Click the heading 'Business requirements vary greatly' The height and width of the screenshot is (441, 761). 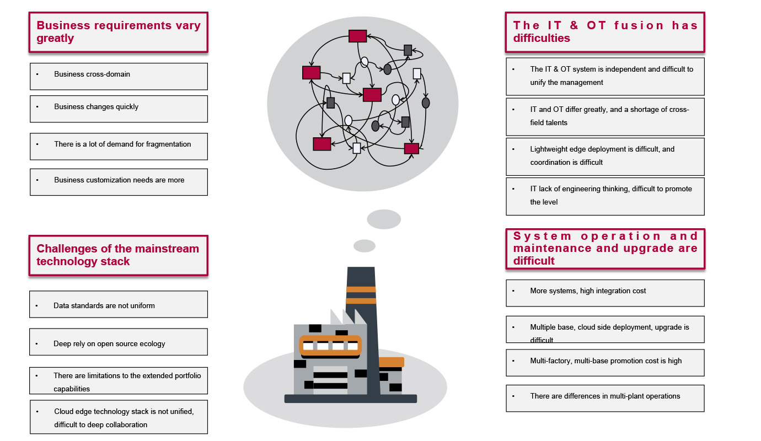coord(118,32)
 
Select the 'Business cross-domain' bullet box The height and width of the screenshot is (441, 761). coord(119,76)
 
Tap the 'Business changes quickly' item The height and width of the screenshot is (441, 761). coord(119,109)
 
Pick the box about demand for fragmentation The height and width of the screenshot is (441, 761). coord(119,146)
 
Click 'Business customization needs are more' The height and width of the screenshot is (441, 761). coord(119,182)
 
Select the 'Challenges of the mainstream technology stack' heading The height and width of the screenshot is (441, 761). coord(118,255)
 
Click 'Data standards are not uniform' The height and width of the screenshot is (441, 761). coord(119,304)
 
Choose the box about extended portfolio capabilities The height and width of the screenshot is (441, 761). coord(119,381)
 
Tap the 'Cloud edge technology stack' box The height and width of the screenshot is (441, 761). coord(119,417)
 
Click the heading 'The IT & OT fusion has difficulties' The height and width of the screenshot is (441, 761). coord(605,32)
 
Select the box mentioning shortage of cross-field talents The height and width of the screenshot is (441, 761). coord(605,116)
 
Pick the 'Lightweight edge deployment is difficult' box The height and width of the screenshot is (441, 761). coord(605,156)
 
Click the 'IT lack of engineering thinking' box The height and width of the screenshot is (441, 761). coord(605,196)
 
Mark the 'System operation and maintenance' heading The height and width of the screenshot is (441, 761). coord(605,249)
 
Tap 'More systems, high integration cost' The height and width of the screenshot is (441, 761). coord(605,293)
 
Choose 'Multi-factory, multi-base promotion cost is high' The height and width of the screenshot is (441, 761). coord(605,362)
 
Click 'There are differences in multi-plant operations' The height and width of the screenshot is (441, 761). coord(605,397)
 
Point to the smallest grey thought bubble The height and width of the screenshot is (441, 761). coord(364,246)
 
